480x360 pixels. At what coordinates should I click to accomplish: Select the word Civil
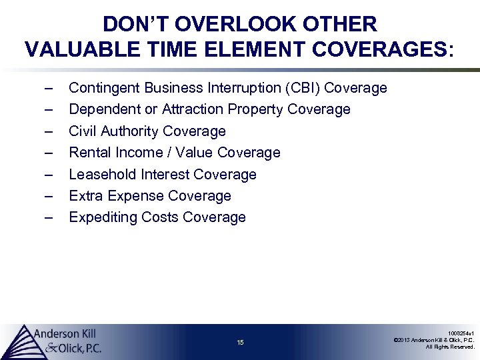83,131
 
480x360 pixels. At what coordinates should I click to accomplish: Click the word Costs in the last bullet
159,217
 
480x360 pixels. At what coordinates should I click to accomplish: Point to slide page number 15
240,343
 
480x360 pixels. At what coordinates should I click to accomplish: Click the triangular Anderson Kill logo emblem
20,341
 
